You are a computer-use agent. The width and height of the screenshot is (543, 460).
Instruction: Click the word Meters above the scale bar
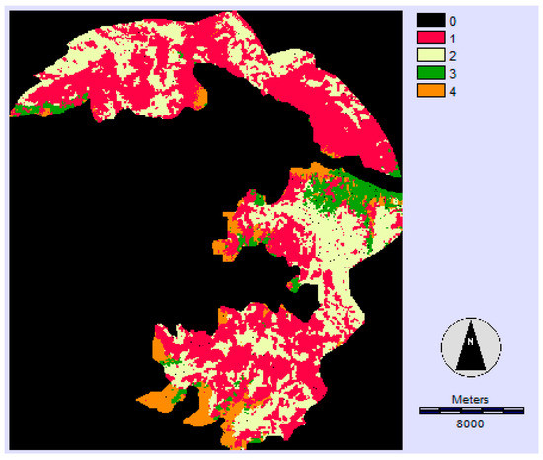(470, 399)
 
